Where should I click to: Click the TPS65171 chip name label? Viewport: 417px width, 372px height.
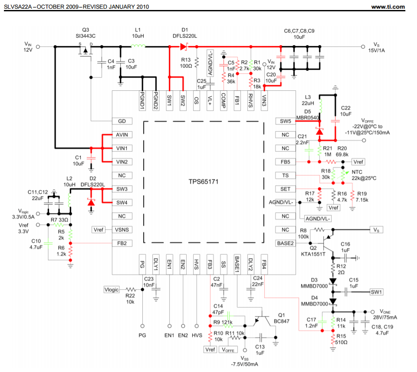click(204, 182)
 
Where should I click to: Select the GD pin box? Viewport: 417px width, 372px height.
click(122, 121)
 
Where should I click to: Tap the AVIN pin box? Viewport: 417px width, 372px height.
click(122, 135)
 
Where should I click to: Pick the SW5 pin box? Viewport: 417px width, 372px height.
click(286, 121)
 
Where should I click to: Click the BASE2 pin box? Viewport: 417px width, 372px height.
click(286, 243)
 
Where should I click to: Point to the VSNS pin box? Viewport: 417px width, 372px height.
click(122, 230)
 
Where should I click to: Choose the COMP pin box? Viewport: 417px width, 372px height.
click(223, 101)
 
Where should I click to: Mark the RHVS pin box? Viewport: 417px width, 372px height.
click(251, 101)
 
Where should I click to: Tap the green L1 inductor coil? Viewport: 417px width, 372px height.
click(138, 46)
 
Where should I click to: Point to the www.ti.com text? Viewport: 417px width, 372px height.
click(388, 7)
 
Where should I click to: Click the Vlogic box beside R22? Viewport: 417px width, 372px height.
click(112, 290)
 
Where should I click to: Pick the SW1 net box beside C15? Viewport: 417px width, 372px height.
click(376, 292)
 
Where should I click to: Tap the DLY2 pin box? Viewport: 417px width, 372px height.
click(251, 264)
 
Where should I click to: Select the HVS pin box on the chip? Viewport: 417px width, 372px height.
click(197, 264)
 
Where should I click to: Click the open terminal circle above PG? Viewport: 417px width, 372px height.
click(143, 326)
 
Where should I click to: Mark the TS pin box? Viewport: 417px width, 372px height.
click(286, 175)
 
